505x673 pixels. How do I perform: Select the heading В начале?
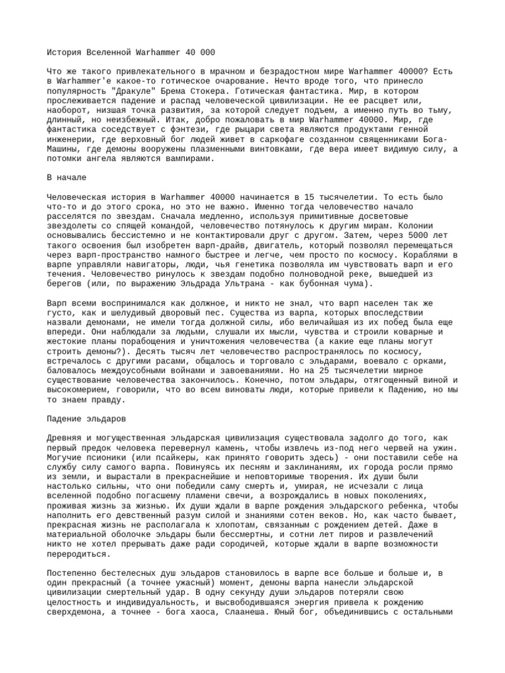tap(66, 177)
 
